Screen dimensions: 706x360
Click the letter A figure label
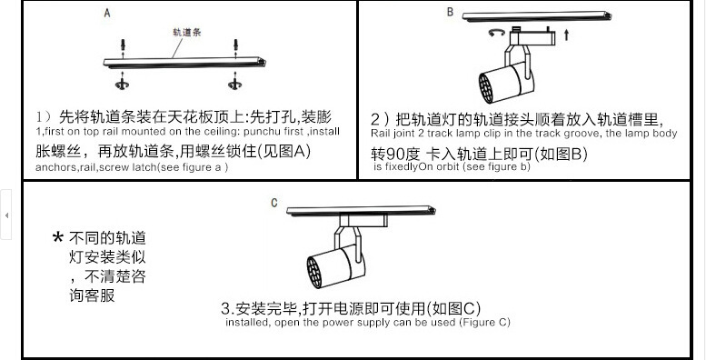(106, 13)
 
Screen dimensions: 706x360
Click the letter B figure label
(450, 12)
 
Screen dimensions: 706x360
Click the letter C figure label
(274, 204)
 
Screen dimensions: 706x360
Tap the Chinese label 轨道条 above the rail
(187, 32)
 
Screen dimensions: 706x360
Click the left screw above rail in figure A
(123, 45)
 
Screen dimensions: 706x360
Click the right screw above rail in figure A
(235, 45)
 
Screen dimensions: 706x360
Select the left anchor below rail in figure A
(122, 84)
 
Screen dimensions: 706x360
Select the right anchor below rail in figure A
(234, 84)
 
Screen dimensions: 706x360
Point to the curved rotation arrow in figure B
(497, 32)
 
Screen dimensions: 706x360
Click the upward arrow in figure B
(566, 35)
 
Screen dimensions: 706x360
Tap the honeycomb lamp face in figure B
(486, 87)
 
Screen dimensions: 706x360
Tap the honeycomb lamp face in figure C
(314, 272)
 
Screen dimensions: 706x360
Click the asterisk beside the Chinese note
(57, 236)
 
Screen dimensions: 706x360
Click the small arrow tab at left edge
(5, 215)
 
